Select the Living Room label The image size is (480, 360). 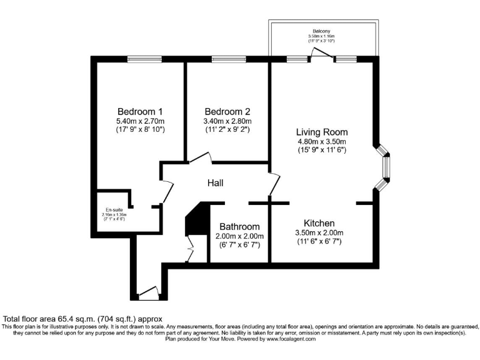pos(322,132)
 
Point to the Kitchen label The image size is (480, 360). pos(319,223)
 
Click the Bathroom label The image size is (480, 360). pos(239,227)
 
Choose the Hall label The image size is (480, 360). pos(216,183)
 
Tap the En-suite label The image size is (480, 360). pos(114,210)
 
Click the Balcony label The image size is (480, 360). pos(322,31)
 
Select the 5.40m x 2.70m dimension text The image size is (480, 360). pos(139,121)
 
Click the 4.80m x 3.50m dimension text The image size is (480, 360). pos(322,142)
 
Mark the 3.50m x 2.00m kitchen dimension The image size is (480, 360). pos(319,233)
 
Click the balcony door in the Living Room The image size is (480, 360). pos(322,56)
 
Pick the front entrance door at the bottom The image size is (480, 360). pos(149,292)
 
